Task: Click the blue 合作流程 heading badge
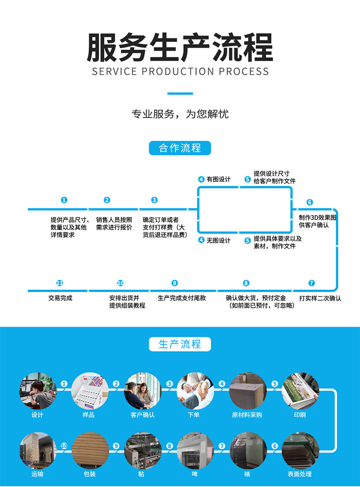click(x=180, y=148)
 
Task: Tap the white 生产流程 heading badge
click(x=180, y=344)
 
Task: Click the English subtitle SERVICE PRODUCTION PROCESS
click(x=180, y=72)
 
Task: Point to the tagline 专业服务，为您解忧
click(x=180, y=114)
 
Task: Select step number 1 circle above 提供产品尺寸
click(x=64, y=200)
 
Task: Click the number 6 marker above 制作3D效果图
click(x=309, y=203)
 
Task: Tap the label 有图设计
click(x=219, y=179)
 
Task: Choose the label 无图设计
click(x=219, y=241)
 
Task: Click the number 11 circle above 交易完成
click(x=60, y=283)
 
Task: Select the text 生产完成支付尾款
click(x=182, y=298)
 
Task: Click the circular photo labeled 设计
click(x=38, y=391)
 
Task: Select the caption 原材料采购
click(x=247, y=415)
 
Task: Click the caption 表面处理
click(x=300, y=474)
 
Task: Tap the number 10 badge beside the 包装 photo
click(x=64, y=446)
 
